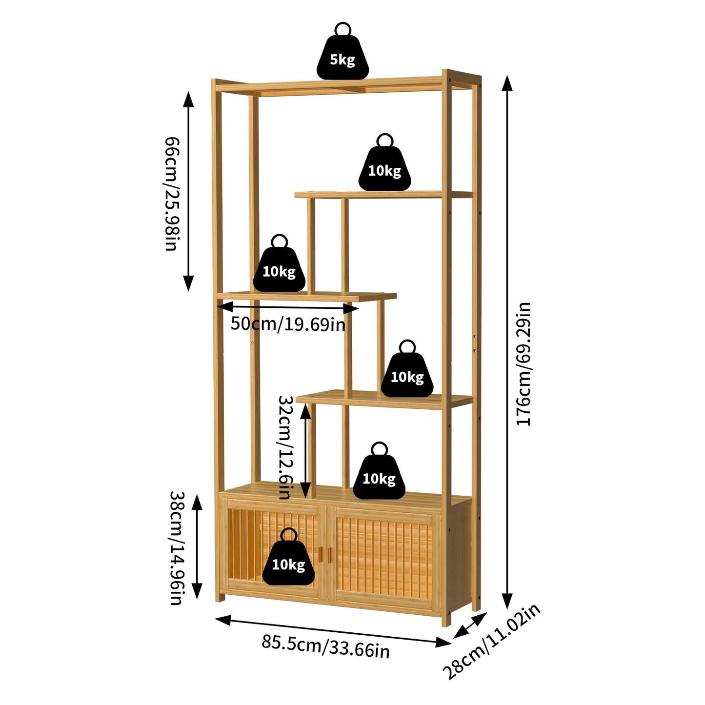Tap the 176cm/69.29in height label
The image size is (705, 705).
524,364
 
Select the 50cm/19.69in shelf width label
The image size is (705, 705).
288,324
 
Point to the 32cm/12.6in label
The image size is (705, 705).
285,447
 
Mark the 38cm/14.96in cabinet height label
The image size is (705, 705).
176,547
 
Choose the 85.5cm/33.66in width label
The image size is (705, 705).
325,646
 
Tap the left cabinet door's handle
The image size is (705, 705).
321,554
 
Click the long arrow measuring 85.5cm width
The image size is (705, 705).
333,631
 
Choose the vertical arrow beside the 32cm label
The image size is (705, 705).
305,451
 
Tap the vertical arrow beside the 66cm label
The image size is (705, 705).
188,191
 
